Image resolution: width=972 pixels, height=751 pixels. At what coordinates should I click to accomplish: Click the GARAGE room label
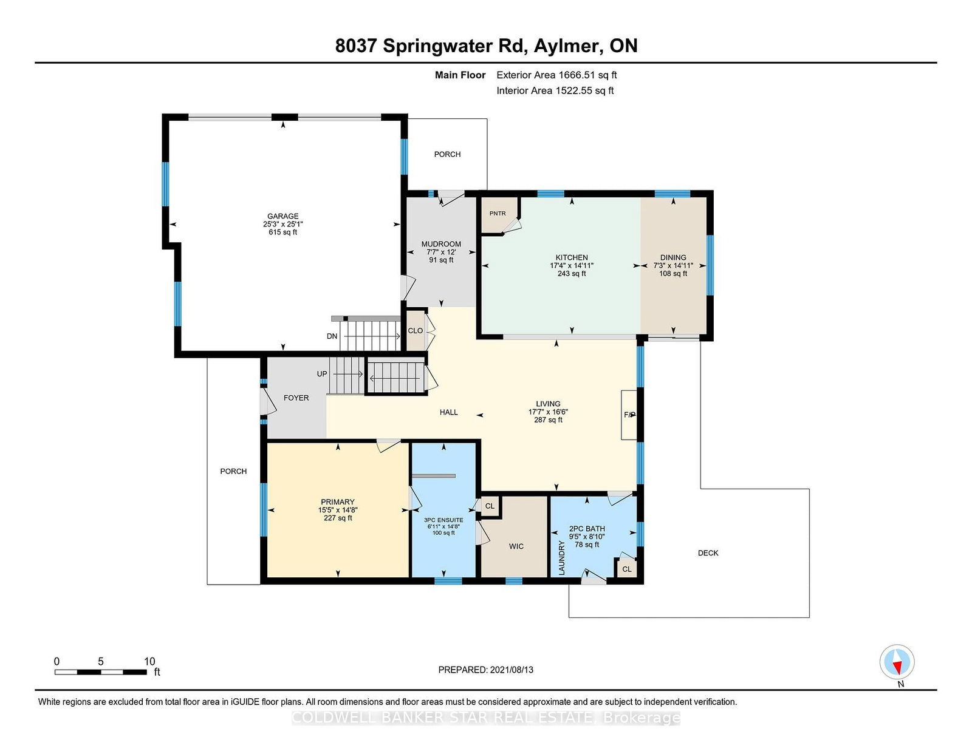point(282,216)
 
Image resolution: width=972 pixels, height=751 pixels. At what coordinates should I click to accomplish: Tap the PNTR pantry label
point(498,213)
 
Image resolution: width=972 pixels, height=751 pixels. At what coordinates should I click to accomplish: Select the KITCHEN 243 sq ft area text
point(571,274)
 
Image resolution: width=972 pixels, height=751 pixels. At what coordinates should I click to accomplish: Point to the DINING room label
point(673,257)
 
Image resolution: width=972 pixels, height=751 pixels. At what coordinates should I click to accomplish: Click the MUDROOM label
point(441,244)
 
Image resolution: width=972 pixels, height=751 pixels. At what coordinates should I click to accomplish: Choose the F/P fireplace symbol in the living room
point(629,415)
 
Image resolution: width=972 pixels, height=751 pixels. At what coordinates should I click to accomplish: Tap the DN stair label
point(332,336)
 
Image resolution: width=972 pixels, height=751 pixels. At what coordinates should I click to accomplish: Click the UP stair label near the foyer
point(322,374)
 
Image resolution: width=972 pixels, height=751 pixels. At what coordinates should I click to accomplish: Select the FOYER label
point(296,398)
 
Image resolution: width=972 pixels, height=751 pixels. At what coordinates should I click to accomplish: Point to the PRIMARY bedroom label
point(337,502)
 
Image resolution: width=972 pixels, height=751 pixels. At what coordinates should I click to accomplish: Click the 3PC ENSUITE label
point(443,520)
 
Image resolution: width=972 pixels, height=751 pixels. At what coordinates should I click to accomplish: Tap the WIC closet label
point(516,546)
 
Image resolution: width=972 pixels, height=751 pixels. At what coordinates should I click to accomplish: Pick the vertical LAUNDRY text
point(561,558)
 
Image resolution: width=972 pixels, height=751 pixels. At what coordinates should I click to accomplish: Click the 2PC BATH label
point(587,529)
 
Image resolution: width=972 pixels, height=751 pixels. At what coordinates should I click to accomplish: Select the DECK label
point(708,553)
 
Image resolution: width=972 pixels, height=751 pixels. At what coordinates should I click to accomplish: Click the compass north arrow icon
point(897,662)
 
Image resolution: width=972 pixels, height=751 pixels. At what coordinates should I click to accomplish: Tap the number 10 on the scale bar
point(149,662)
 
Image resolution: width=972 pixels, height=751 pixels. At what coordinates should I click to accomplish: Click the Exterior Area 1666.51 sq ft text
point(556,75)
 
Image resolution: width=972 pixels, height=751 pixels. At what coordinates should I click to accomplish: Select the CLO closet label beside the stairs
point(416,331)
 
